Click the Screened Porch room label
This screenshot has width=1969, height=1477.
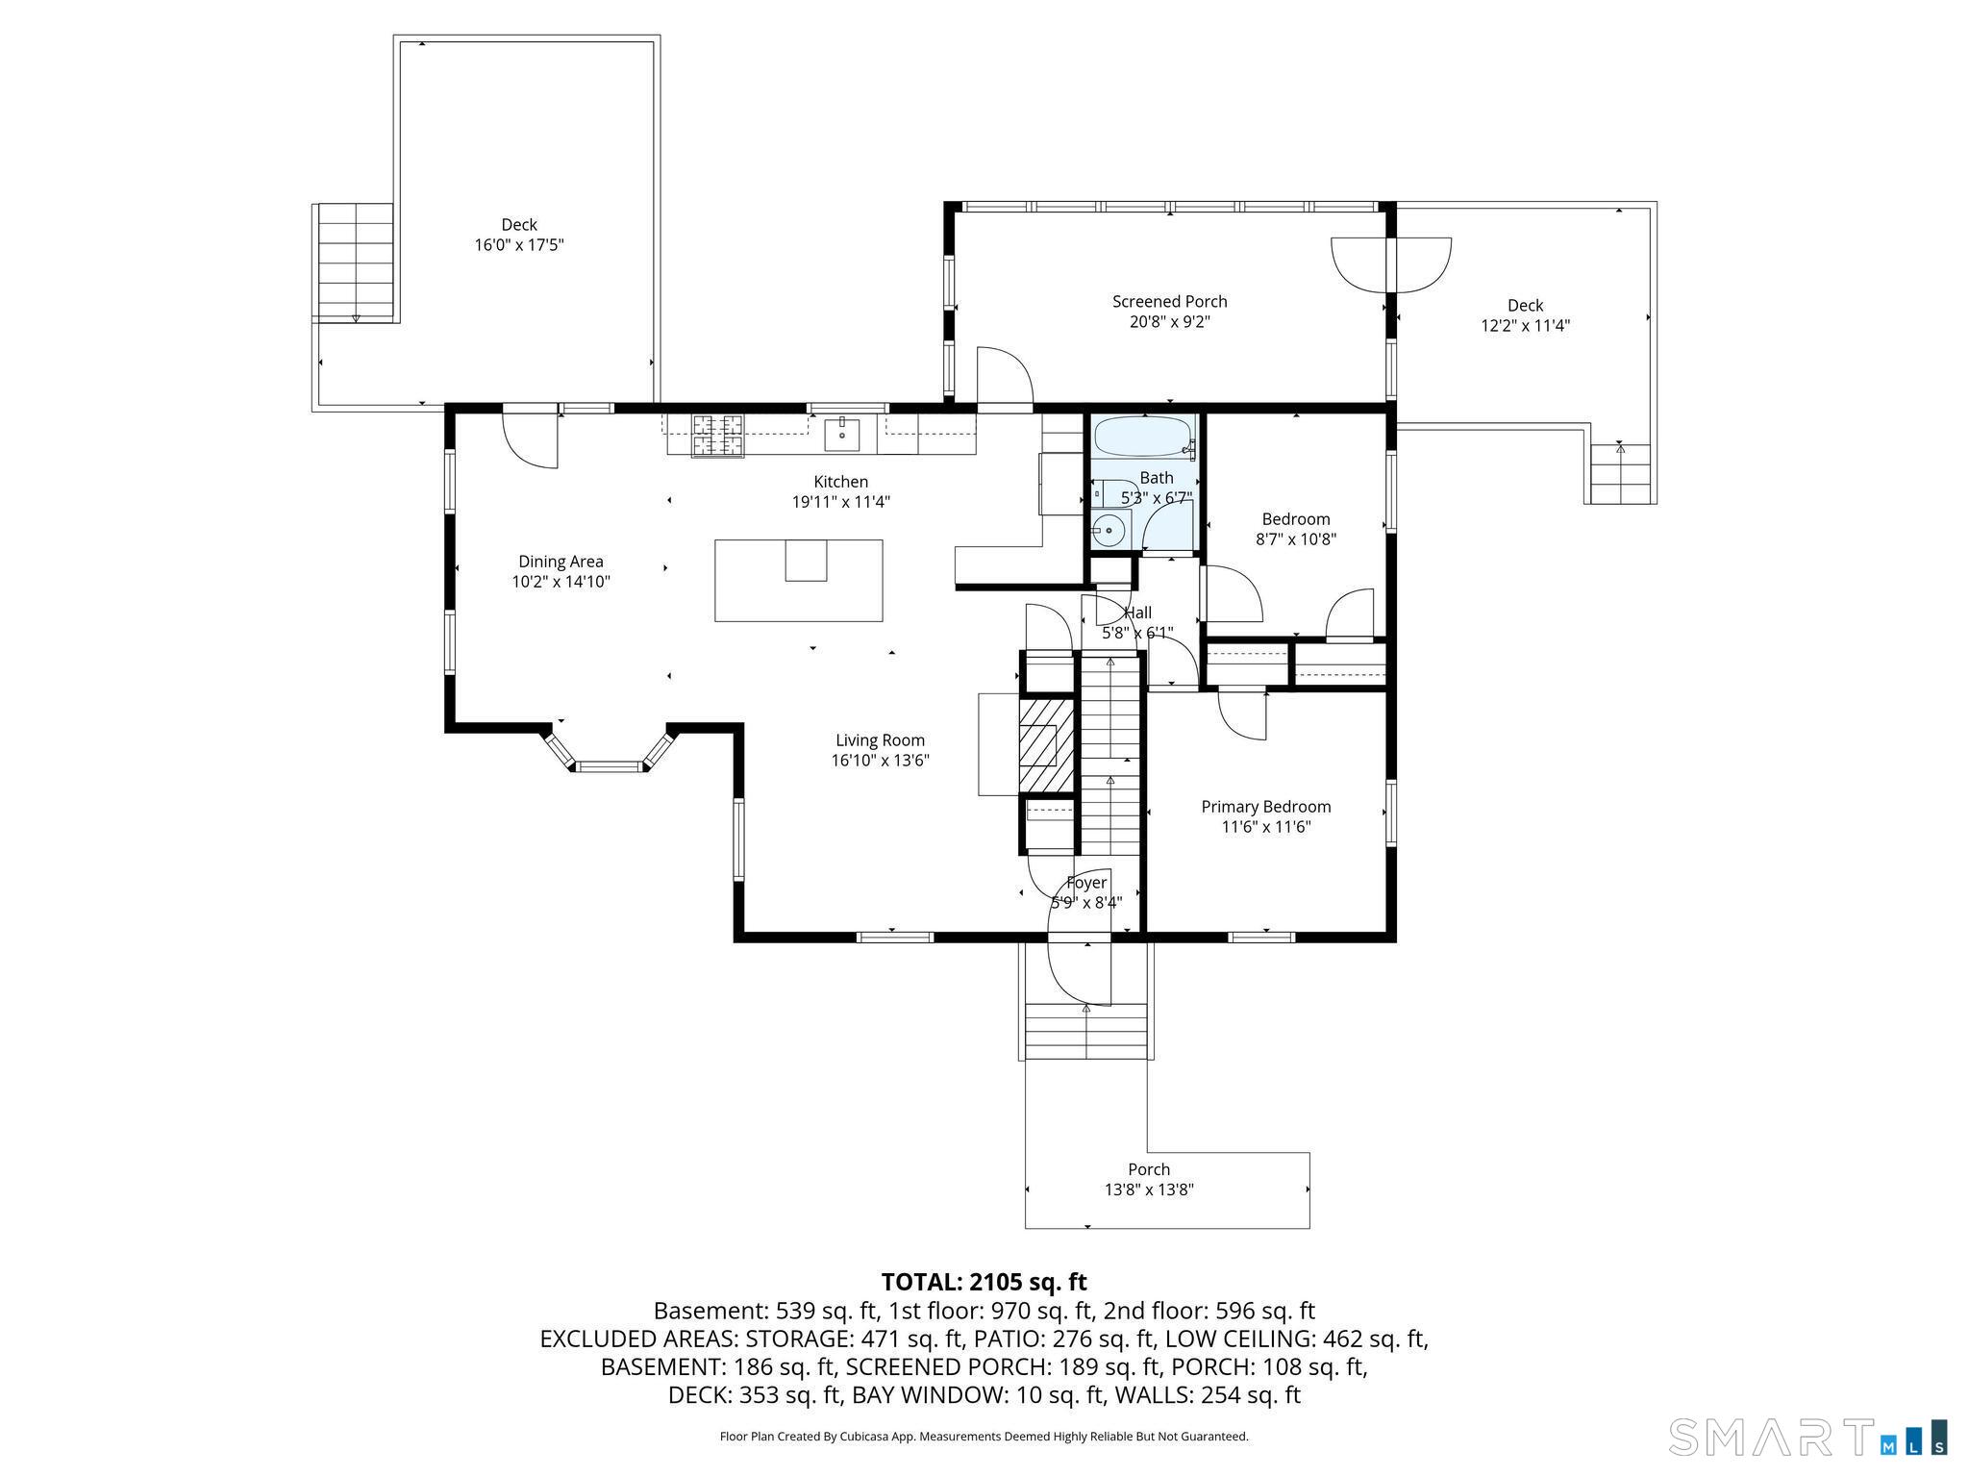pos(1169,302)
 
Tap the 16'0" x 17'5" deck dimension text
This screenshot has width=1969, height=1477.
pos(519,245)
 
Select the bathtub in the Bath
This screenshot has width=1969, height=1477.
pos(1144,438)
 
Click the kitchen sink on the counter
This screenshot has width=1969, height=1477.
pos(843,434)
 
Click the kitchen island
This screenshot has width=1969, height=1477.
pos(799,580)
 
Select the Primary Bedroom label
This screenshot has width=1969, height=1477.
pos(1266,807)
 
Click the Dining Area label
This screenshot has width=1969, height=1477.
pos(561,562)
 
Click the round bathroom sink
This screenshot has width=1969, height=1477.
pos(1110,530)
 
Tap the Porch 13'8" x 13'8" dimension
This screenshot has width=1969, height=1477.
pos(1149,1189)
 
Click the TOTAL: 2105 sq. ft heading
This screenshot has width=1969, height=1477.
pos(984,1282)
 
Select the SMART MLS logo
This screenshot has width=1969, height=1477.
pos(1807,1437)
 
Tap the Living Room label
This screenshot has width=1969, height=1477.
pos(880,740)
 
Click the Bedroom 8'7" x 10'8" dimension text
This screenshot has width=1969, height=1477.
pos(1296,539)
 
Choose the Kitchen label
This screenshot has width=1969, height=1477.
pos(841,482)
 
